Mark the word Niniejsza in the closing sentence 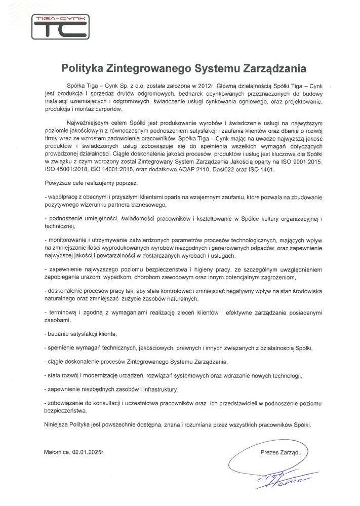click(59, 425)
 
